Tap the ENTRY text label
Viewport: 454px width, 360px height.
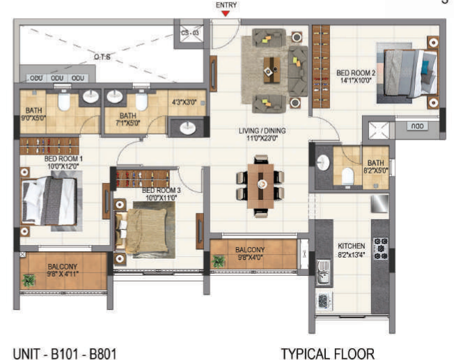[x=226, y=5]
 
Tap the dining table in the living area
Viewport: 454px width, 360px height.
[x=262, y=185]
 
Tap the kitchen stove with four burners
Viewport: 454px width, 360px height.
[x=381, y=249]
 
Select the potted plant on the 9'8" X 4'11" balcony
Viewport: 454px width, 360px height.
[x=30, y=281]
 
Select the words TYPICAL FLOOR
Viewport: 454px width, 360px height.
[x=327, y=353]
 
